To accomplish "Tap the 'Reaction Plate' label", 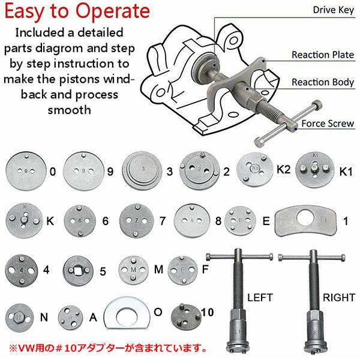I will pos(323,55).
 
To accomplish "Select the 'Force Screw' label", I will pos(328,124).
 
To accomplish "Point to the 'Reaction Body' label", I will pos(323,82).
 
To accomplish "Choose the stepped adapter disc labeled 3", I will pos(142,171).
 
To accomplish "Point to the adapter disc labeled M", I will pos(134,270).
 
